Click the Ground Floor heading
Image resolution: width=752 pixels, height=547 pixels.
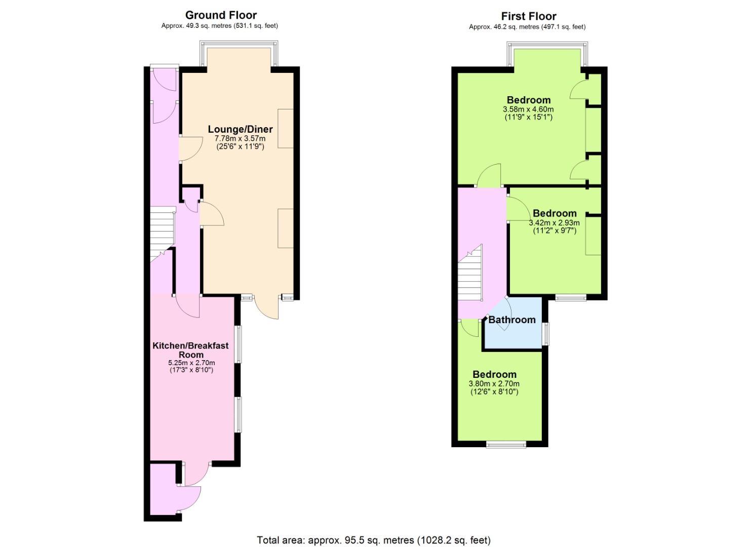click(x=221, y=15)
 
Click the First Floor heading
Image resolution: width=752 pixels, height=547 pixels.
click(x=529, y=16)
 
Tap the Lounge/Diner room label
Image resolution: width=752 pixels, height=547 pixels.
click(x=241, y=129)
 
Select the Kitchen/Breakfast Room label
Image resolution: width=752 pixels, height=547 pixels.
click(x=191, y=350)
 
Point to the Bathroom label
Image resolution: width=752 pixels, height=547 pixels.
click(x=512, y=320)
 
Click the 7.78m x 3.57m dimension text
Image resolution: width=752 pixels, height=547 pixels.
click(x=240, y=138)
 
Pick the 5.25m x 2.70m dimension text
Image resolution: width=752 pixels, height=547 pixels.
click(x=192, y=363)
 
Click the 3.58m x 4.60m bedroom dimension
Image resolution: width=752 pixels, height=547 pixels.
click(x=528, y=109)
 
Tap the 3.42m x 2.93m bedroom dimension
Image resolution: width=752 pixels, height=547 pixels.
click(x=555, y=223)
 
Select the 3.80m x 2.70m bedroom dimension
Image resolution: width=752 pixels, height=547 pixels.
click(x=494, y=384)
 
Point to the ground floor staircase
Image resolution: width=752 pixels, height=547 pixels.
click(x=162, y=233)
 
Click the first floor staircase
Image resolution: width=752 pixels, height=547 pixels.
click(x=470, y=273)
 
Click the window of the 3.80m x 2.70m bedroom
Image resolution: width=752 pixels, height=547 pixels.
click(x=506, y=445)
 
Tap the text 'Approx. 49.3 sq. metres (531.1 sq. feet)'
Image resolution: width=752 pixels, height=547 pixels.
click(x=220, y=26)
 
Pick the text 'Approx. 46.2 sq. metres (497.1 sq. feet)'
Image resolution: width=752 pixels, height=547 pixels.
click(x=527, y=27)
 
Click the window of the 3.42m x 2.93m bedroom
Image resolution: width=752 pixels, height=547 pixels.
click(x=571, y=297)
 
